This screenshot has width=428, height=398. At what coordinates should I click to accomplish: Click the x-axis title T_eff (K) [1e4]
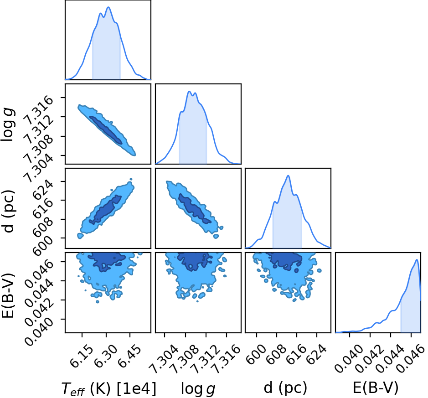point(109,389)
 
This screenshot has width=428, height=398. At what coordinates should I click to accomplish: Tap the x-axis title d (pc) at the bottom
point(285,388)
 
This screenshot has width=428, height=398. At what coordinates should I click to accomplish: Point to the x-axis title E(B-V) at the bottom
point(375,388)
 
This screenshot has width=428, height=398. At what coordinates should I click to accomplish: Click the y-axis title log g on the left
point(8,124)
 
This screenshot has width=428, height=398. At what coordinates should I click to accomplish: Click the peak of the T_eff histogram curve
point(108,7)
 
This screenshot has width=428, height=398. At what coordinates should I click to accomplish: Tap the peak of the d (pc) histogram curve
point(288,176)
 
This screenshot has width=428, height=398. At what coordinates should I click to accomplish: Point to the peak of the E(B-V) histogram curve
point(417,259)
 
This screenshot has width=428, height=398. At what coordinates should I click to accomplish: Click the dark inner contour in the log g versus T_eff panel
point(106,130)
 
